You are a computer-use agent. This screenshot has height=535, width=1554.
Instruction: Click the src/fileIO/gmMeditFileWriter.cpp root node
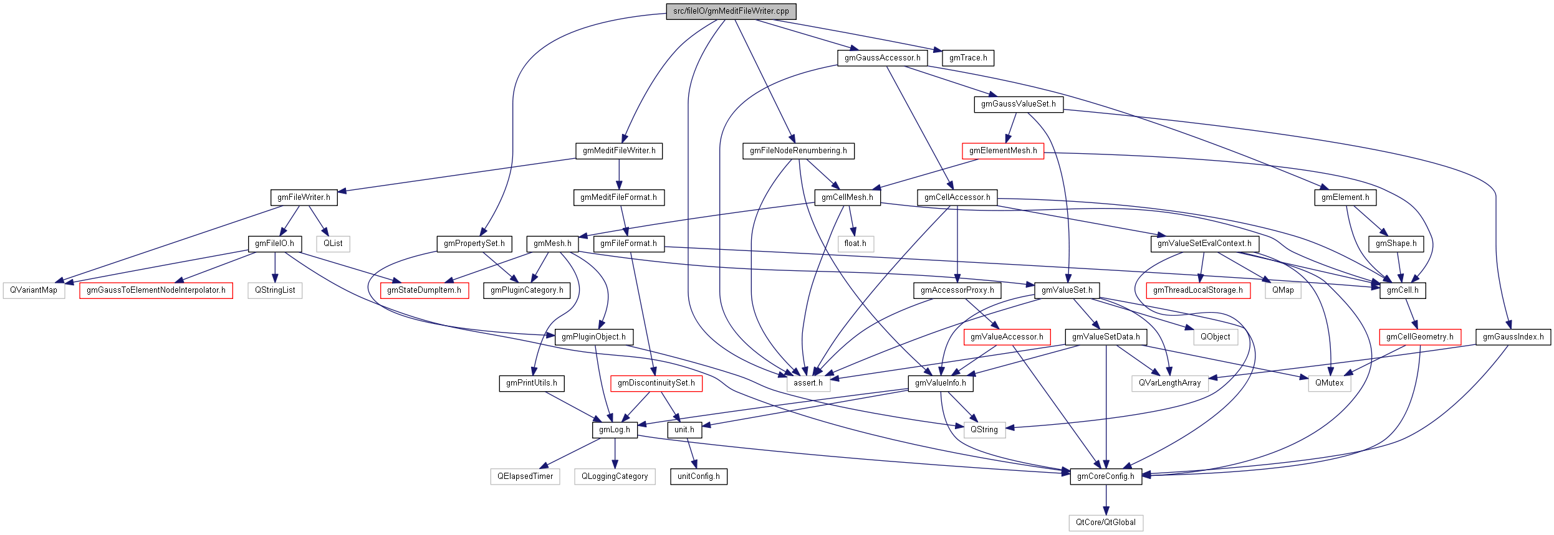(731, 11)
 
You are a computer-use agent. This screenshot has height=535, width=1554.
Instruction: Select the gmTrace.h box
(967, 58)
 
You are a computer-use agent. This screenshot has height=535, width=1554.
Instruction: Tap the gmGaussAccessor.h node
(882, 58)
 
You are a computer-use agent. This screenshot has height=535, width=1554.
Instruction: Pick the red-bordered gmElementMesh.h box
(1002, 151)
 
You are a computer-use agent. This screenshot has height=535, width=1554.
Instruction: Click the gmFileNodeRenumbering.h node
(798, 151)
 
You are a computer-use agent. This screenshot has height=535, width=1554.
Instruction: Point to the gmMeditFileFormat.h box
(618, 197)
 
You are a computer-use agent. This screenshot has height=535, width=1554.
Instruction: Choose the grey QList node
(333, 244)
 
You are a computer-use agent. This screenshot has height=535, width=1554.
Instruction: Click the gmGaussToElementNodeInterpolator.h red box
(156, 290)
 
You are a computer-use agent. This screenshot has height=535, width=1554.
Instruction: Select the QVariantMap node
(34, 290)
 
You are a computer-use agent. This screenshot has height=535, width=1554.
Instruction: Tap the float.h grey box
(855, 244)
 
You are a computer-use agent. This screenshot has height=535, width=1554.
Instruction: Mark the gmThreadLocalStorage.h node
(1197, 290)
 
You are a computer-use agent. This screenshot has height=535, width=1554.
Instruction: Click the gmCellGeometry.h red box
(1419, 337)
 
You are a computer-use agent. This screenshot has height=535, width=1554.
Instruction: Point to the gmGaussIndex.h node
(1513, 337)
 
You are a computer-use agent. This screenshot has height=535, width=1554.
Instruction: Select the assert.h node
(808, 383)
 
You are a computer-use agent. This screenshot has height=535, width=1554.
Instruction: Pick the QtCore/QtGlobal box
(1105, 523)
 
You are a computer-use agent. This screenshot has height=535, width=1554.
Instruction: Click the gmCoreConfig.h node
(1106, 476)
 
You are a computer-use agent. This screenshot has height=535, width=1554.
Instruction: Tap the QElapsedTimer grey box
(525, 476)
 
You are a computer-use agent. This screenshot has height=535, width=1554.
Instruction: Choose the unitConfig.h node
(698, 476)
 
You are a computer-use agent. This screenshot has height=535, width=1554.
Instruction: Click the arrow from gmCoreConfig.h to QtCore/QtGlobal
(1106, 499)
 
